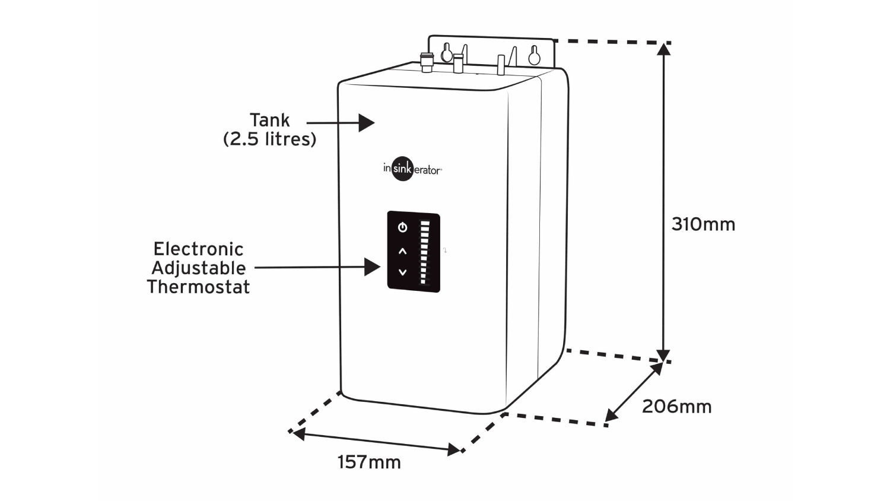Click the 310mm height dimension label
[703, 224]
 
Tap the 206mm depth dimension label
[676, 407]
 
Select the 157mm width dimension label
[369, 462]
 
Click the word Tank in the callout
[269, 120]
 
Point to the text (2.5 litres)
[269, 139]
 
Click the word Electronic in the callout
[198, 249]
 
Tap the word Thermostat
[198, 287]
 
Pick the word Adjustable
[198, 268]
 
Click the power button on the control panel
[403, 227]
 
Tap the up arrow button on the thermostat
[403, 251]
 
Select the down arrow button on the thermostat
[403, 272]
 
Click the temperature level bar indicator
[425, 252]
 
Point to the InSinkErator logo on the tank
[412, 169]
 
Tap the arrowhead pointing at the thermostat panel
[373, 267]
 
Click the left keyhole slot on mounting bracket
[447, 53]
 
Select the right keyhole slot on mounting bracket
[535, 55]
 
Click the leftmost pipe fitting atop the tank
[427, 62]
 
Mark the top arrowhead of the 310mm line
[664, 49]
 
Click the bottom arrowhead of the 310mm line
[664, 355]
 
